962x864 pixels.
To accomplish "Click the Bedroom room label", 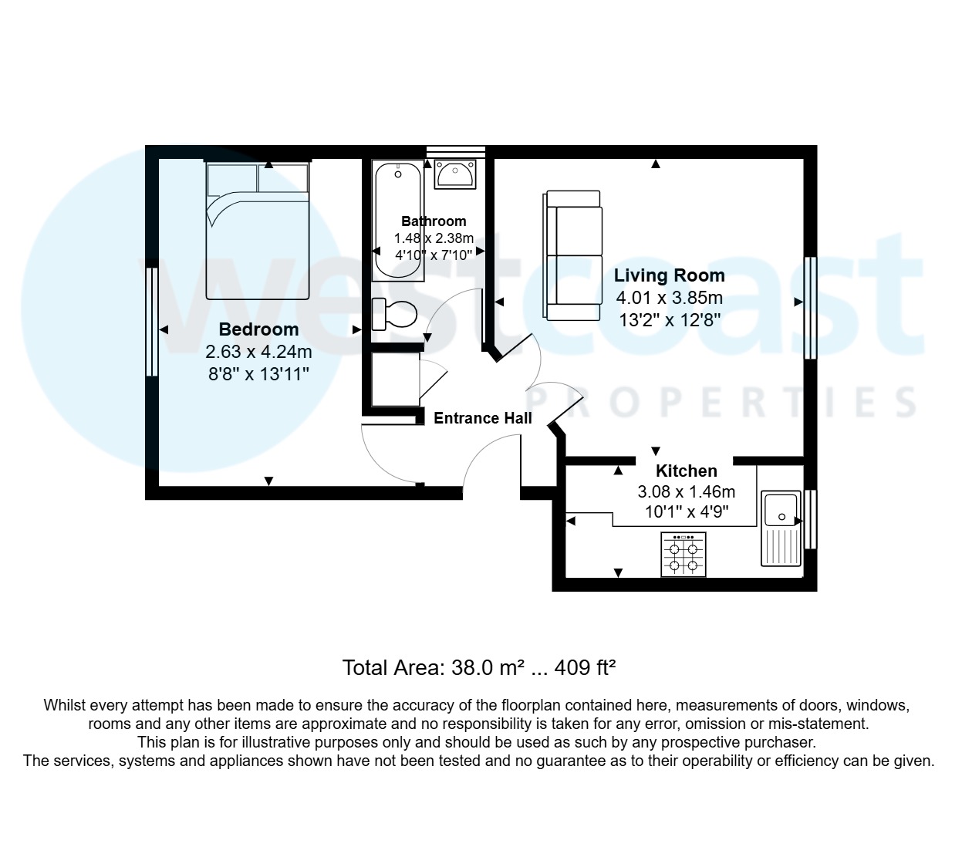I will (258, 329).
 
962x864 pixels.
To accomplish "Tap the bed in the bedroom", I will (258, 231).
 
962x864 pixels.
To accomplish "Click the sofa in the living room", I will (572, 255).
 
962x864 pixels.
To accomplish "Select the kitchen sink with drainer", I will (780, 528).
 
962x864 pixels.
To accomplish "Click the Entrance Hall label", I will (483, 419).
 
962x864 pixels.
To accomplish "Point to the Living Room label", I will (669, 275).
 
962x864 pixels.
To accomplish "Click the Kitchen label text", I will (686, 471).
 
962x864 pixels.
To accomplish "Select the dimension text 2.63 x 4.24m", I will (258, 353).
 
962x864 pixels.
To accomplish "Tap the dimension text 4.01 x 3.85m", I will (669, 298).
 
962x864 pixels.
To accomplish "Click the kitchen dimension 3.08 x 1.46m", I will (686, 491).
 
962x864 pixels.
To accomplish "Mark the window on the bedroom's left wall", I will (152, 322).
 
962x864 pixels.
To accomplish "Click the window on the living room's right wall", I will (810, 308).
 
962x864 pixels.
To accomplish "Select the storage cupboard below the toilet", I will (395, 380).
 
